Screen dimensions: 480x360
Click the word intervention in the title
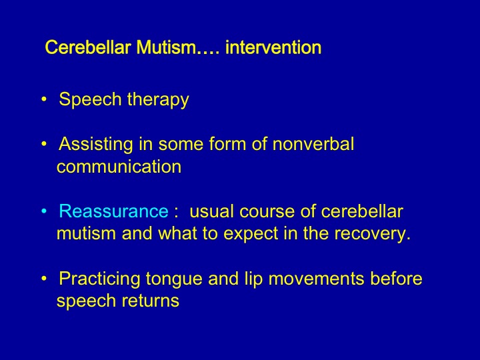coord(273,47)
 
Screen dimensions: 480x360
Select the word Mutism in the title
coord(165,47)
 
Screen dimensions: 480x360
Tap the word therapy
coord(158,100)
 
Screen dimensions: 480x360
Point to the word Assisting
coord(96,144)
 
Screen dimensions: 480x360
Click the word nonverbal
coord(313,143)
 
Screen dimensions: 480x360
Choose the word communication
coord(119,167)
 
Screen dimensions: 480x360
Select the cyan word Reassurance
coord(113,211)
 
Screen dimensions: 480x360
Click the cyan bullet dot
coord(45,211)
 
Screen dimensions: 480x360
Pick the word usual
coord(211,211)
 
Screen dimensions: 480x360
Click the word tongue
coord(174,279)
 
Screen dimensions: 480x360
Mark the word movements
coord(316,279)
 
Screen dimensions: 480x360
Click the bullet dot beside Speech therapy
coord(45,99)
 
